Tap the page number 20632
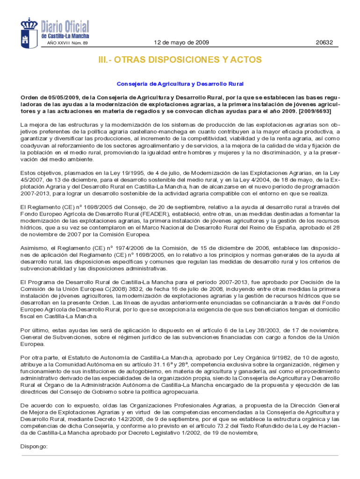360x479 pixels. coord(324,43)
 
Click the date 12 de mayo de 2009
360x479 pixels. coord(181,43)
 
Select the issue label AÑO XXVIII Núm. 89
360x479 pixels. coord(67,44)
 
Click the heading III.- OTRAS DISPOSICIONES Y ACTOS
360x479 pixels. coord(180,60)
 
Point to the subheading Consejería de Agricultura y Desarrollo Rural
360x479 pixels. coord(180,84)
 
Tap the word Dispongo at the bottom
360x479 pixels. coord(34,446)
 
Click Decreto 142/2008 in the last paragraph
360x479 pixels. coord(122,419)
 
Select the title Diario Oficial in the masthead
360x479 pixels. coord(65,26)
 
